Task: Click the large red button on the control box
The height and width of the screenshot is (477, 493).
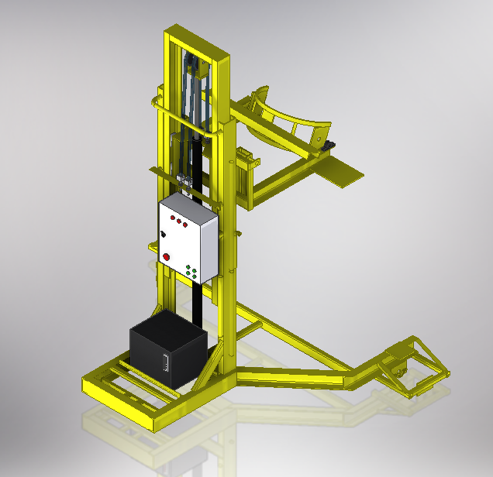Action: [x=165, y=257]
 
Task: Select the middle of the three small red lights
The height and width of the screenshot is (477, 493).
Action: [x=179, y=223]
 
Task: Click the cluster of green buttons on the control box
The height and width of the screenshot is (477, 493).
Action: [x=193, y=271]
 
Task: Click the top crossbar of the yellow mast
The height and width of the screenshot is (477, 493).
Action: [x=198, y=41]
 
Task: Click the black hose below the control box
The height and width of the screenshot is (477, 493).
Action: [x=198, y=306]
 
